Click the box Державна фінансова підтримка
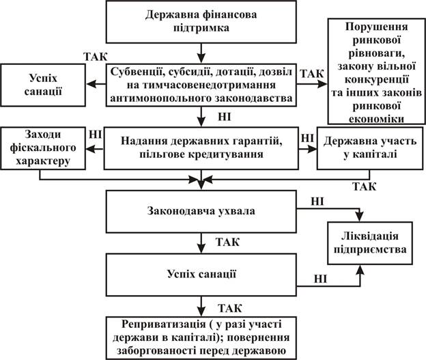point(200,23)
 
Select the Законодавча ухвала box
point(200,210)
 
